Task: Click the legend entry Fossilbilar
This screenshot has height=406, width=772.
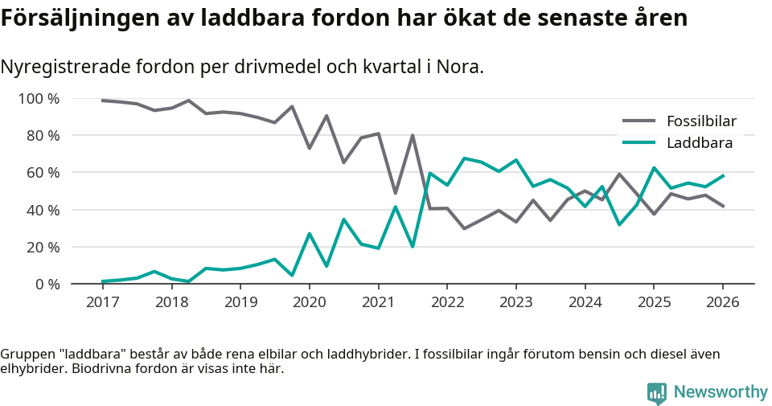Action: (701, 122)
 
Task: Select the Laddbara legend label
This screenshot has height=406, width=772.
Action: (699, 143)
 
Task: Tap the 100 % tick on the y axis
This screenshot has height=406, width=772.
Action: (39, 99)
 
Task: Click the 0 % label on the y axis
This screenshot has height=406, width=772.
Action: (46, 284)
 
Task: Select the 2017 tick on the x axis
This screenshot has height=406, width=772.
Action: (102, 302)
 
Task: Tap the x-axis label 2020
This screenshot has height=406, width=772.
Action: (309, 302)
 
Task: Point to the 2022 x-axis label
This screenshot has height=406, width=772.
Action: (447, 302)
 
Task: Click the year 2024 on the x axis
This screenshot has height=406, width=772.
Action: (585, 302)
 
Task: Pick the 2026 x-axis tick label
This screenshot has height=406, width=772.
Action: (723, 302)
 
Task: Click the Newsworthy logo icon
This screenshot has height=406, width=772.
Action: (656, 392)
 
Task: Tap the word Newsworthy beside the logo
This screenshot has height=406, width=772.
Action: (721, 392)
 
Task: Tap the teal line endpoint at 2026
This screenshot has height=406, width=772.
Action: (723, 175)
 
